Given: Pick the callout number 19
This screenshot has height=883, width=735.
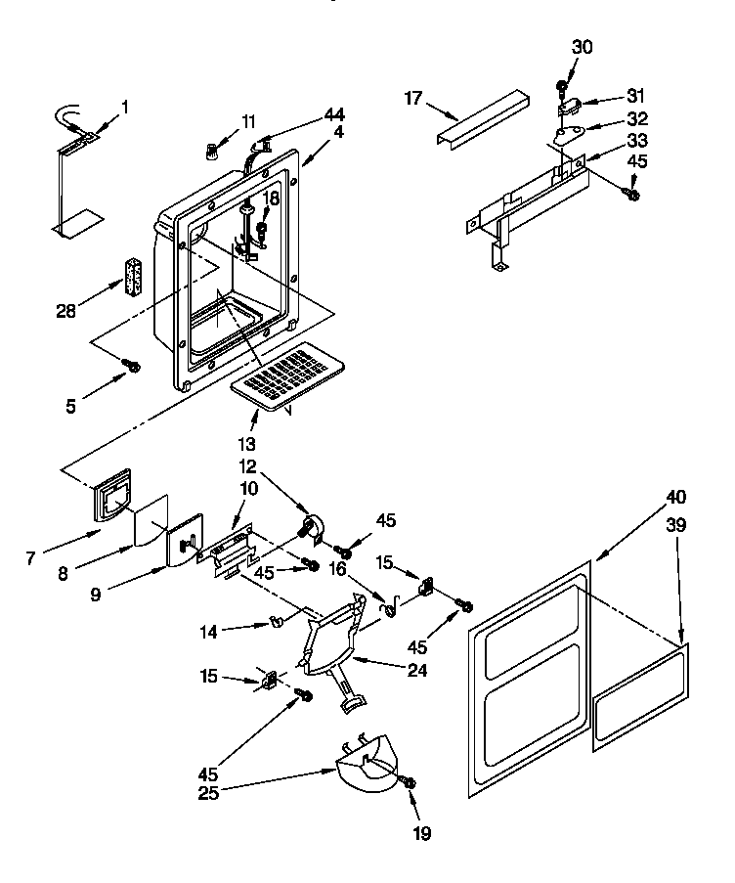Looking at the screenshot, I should click(x=421, y=833).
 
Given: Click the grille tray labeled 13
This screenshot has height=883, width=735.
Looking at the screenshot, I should click(x=289, y=375).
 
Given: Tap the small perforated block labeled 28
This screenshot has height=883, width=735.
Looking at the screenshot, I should click(x=133, y=278).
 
